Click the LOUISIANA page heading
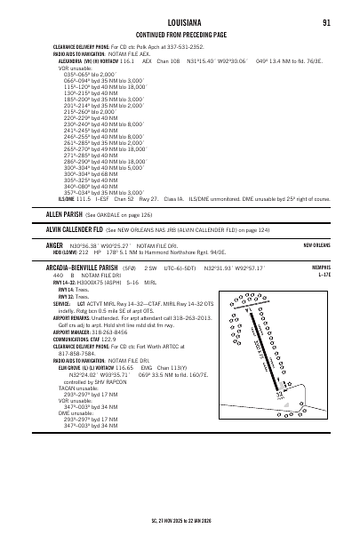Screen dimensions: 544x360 point(180,22)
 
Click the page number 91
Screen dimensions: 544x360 point(327,22)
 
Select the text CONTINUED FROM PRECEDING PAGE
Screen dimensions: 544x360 point(180,35)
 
